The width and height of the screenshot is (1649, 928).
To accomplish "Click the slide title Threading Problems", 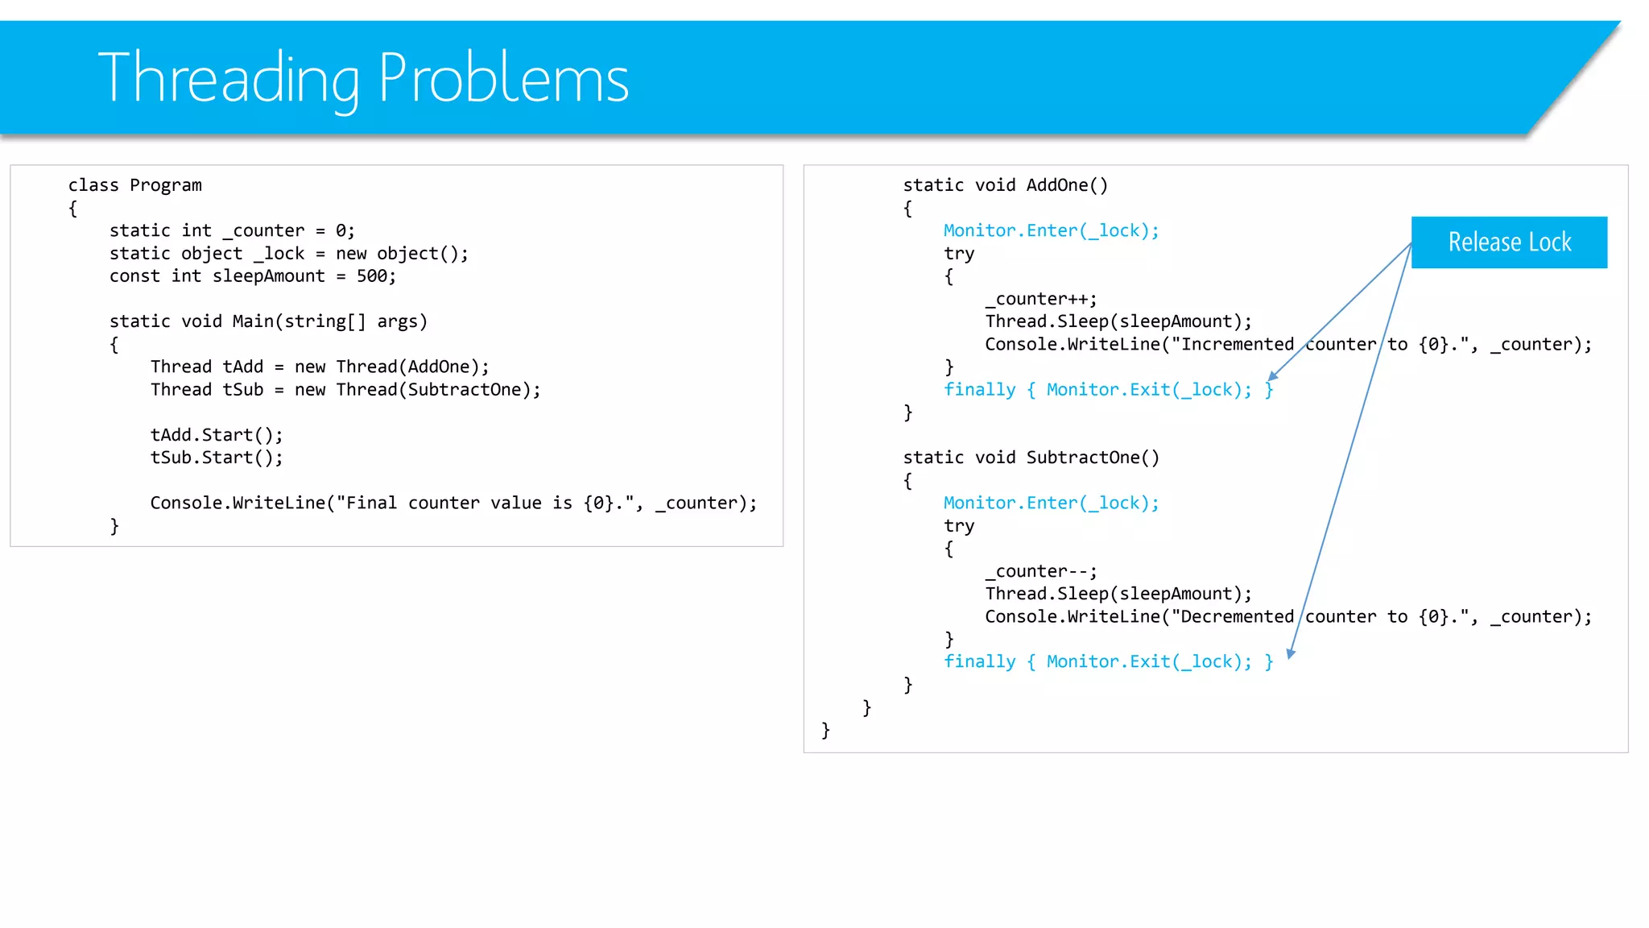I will point(362,78).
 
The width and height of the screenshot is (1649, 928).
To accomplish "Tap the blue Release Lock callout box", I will point(1509,242).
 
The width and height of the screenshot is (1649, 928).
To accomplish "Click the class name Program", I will point(166,185).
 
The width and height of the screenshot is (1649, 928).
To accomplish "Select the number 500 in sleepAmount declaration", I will point(371,276).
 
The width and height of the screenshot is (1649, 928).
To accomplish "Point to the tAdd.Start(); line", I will point(217,435).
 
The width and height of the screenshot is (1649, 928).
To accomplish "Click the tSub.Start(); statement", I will point(217,458).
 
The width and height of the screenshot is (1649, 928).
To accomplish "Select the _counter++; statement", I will point(1040,299).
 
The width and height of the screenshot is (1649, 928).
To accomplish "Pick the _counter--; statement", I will point(1040,571).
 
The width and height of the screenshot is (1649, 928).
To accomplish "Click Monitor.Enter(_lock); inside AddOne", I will point(1051,230).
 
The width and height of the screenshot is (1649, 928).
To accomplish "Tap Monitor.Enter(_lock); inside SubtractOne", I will point(1051,503).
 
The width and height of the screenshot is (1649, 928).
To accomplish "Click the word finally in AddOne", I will point(979,390).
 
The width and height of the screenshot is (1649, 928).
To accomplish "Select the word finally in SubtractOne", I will point(979,662).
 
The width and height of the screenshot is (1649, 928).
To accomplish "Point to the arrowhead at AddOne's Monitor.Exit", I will point(1272,376).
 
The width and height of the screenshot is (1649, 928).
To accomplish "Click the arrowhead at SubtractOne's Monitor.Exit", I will point(1291,653).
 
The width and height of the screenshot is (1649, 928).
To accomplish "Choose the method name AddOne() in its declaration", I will point(1067,185).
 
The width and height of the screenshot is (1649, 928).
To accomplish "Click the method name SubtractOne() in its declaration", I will point(1093,458).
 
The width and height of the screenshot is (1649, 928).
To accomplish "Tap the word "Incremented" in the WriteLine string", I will point(1237,345).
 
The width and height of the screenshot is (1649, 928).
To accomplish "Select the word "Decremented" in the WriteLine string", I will point(1237,617).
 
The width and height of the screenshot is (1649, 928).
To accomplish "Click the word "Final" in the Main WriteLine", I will point(371,503).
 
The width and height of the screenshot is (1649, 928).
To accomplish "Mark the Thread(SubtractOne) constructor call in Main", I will point(438,390).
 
